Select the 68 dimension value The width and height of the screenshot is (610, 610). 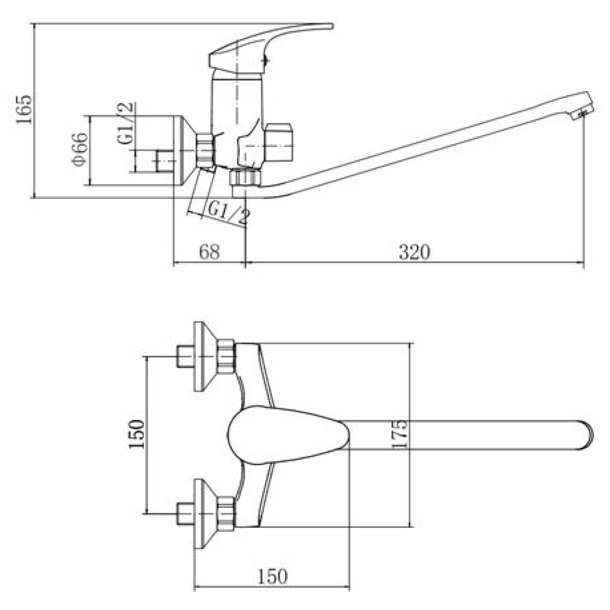tap(209, 252)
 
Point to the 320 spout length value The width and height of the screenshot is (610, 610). tap(414, 252)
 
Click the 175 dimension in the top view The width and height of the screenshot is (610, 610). tap(399, 434)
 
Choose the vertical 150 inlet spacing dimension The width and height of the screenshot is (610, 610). tap(136, 434)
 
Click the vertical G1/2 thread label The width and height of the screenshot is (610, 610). tap(126, 124)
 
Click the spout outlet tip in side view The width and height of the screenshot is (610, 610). tap(584, 111)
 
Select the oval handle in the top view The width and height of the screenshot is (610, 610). tap(288, 436)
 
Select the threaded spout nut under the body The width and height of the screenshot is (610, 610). tap(245, 178)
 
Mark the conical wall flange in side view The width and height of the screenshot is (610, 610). tap(184, 150)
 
